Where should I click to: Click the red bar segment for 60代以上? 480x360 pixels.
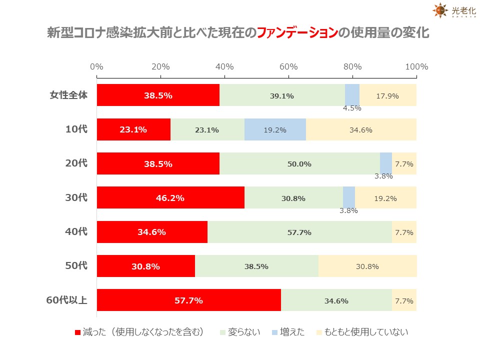[x=188, y=300]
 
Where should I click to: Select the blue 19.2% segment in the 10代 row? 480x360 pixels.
[x=275, y=129]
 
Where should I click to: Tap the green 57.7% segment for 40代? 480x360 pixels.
[x=299, y=232]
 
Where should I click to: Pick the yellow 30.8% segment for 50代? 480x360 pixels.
[x=367, y=266]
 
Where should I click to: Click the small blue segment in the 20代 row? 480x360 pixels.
[x=385, y=163]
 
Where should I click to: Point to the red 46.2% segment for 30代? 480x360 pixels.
[x=170, y=197]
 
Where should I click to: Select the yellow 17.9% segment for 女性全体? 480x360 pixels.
[x=387, y=95]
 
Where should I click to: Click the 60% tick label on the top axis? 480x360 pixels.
[x=288, y=67]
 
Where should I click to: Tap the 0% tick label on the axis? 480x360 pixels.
[x=96, y=67]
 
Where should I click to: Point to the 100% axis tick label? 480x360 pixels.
[x=416, y=67]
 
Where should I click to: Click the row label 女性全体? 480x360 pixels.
[x=68, y=95]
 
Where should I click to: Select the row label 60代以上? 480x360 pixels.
[x=66, y=300]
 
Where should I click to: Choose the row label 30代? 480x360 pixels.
[x=76, y=197]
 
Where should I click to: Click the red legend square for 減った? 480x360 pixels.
[x=77, y=332]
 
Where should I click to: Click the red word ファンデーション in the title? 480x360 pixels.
[x=295, y=33]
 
